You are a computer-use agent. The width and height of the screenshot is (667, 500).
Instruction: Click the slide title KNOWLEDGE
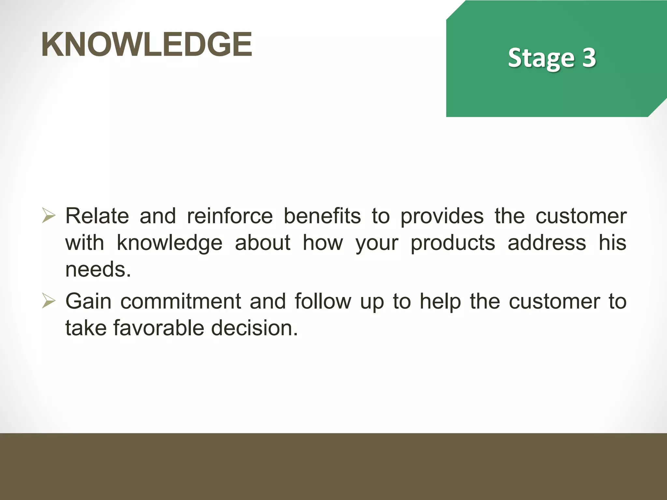click(147, 44)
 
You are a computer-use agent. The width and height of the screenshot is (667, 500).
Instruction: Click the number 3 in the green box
click(589, 58)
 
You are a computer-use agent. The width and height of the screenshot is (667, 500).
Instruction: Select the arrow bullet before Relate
click(49, 216)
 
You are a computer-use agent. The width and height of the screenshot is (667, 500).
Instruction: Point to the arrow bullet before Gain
click(49, 301)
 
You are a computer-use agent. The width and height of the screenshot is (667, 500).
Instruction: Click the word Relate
click(97, 216)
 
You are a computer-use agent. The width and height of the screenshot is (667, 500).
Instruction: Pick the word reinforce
click(230, 216)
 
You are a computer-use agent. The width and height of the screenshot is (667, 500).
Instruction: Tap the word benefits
click(322, 216)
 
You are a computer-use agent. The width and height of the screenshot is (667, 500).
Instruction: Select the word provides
click(442, 216)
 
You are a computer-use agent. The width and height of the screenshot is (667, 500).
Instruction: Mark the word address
click(547, 243)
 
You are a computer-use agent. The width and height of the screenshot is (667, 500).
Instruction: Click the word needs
click(98, 270)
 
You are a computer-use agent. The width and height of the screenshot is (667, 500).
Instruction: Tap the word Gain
click(88, 301)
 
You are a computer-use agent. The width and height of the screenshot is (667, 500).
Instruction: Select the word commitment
click(181, 301)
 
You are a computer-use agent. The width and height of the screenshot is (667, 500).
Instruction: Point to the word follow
click(323, 301)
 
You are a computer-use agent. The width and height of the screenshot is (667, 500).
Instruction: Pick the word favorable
click(159, 328)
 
